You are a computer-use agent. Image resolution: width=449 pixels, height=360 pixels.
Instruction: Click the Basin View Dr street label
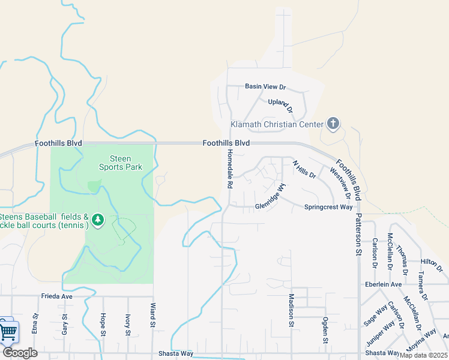pos(265,86)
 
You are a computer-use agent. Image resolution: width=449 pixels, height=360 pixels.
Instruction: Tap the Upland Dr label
pos(280,106)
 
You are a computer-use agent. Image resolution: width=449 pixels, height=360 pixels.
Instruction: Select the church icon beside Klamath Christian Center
pos(333,125)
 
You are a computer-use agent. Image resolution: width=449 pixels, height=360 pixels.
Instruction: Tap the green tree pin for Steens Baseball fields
pos(98,221)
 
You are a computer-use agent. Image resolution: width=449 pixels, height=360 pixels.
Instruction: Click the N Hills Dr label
pos(304,169)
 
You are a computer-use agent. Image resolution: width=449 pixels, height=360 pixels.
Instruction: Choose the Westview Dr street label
pos(340,182)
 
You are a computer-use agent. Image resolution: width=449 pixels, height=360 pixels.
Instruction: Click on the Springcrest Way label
pos(329,207)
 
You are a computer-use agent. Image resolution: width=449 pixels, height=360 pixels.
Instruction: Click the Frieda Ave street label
pos(56,296)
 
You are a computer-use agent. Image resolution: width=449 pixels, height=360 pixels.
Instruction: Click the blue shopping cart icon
pos(8,331)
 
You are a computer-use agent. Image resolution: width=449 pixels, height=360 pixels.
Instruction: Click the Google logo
pos(20,353)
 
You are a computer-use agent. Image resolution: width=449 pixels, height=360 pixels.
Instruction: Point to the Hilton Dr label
pos(430,262)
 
